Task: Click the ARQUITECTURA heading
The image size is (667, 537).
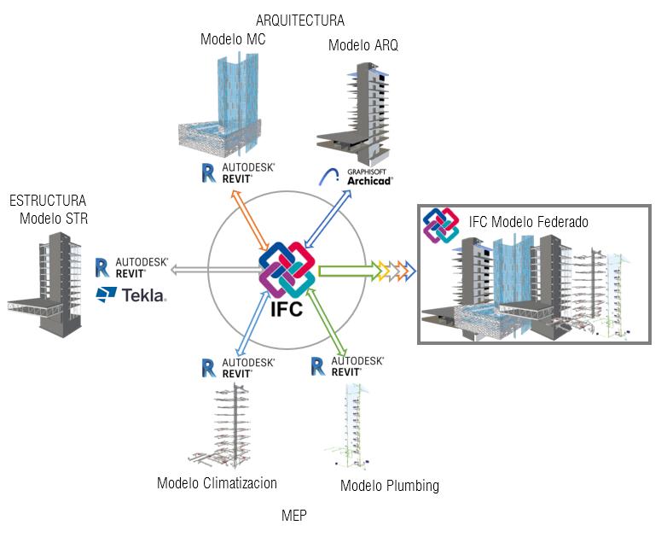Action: pos(300,20)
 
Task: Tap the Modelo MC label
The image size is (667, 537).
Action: pos(233,39)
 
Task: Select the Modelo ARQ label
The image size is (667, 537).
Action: pos(362,44)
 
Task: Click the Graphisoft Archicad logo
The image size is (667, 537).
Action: pos(356,177)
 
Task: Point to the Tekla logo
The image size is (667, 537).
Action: pos(131,295)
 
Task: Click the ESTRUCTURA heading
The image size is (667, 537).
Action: pos(48,200)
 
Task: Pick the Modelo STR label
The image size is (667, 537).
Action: pos(54,219)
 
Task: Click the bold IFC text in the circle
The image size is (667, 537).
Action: pos(287,309)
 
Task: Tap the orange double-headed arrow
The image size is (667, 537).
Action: pos(250,220)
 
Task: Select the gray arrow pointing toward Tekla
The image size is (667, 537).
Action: pos(215,270)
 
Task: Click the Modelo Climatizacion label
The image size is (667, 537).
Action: pos(217,483)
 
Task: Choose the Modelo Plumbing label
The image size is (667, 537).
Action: pos(390,486)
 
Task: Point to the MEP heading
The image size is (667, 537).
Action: pos(294,516)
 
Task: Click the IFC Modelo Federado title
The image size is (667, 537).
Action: pos(528,221)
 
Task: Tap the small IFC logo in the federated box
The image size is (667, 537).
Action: pos(441,225)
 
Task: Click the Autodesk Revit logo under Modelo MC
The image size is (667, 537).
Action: pos(238,173)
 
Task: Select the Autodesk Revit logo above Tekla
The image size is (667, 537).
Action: pos(132,267)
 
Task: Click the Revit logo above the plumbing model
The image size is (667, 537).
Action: pos(347,366)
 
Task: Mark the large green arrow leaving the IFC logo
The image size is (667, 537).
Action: pos(349,271)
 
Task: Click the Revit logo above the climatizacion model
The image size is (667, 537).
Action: pos(238,368)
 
